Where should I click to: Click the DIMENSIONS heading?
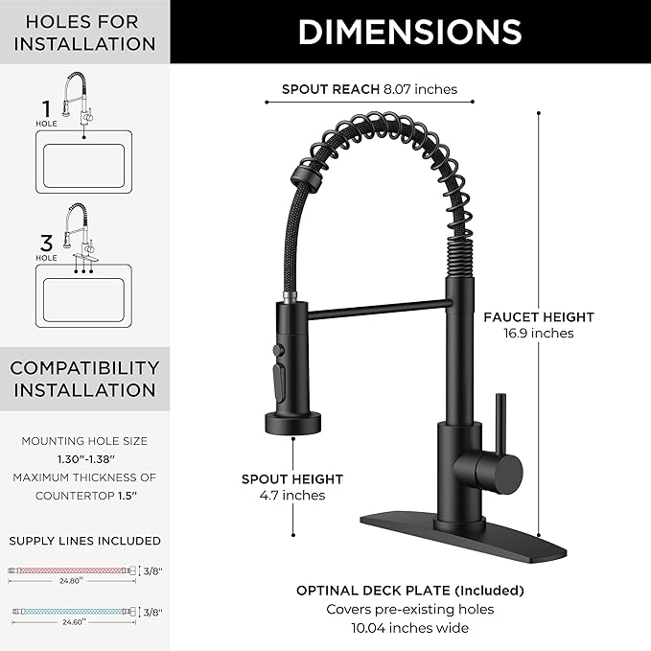pyautogui.click(x=409, y=32)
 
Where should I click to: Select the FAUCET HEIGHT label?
pyautogui.click(x=538, y=316)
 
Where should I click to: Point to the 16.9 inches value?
pyautogui.click(x=538, y=334)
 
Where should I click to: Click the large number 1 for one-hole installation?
pyautogui.click(x=46, y=108)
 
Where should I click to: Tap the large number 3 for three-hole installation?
pyautogui.click(x=46, y=243)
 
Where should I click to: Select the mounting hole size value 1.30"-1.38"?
pyautogui.click(x=84, y=459)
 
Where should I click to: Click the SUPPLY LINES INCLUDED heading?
pyautogui.click(x=84, y=541)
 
